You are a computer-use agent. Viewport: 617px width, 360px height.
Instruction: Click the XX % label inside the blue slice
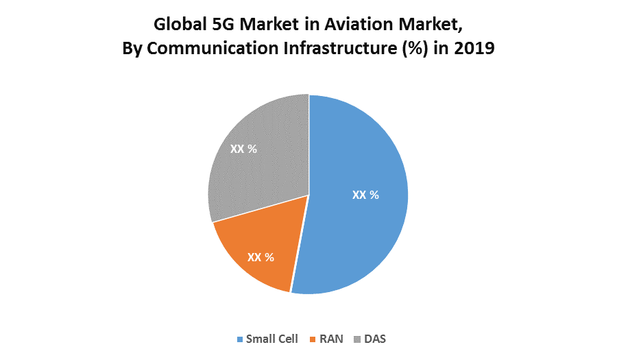365,195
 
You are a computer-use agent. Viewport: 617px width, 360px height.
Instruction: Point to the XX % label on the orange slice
261,257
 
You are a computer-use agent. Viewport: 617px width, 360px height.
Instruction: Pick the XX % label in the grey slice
243,149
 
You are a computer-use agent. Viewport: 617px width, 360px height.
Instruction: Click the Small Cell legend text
273,339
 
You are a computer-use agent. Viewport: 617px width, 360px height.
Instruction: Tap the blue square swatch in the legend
240,339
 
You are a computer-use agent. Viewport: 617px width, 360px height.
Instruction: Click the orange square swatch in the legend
315,339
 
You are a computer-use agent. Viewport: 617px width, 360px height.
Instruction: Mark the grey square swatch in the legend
358,339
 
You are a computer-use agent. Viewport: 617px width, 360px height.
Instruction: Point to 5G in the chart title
218,25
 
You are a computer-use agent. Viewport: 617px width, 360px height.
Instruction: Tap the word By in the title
131,50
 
